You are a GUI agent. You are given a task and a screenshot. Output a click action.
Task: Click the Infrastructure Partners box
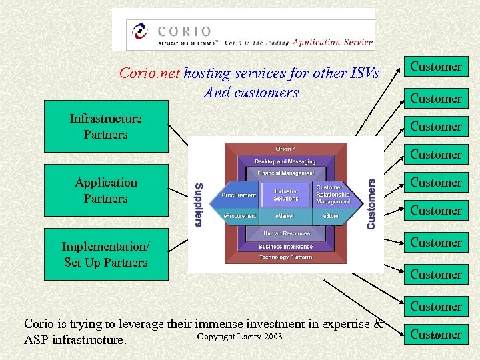click(106, 127)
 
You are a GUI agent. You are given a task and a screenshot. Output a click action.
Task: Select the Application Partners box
click(106, 191)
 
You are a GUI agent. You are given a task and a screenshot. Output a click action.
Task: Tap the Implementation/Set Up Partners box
click(106, 255)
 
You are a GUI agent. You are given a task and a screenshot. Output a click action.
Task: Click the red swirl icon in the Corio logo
click(141, 31)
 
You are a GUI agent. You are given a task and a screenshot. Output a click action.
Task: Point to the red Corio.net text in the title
click(149, 73)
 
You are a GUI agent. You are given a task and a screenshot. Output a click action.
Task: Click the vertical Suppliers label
click(198, 205)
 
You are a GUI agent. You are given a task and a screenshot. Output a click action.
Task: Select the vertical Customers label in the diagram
click(371, 203)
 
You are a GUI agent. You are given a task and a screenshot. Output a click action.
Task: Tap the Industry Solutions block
click(286, 195)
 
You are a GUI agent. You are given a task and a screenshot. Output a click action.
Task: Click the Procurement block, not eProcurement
click(239, 195)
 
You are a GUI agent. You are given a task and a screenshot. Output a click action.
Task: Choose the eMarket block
click(285, 216)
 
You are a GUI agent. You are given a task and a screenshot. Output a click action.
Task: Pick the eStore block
click(331, 216)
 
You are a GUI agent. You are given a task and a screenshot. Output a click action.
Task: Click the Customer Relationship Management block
click(332, 195)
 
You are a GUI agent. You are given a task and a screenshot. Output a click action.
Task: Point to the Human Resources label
click(287, 233)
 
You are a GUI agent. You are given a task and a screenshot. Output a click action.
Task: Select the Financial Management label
click(285, 173)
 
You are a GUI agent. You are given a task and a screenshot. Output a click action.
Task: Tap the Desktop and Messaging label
click(285, 161)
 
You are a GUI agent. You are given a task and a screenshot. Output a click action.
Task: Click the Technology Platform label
click(286, 257)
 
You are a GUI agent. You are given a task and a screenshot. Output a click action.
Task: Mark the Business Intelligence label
click(286, 246)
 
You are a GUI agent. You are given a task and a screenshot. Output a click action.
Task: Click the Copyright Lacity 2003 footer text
click(240, 337)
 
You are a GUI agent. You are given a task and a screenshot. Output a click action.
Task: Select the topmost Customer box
click(436, 67)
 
